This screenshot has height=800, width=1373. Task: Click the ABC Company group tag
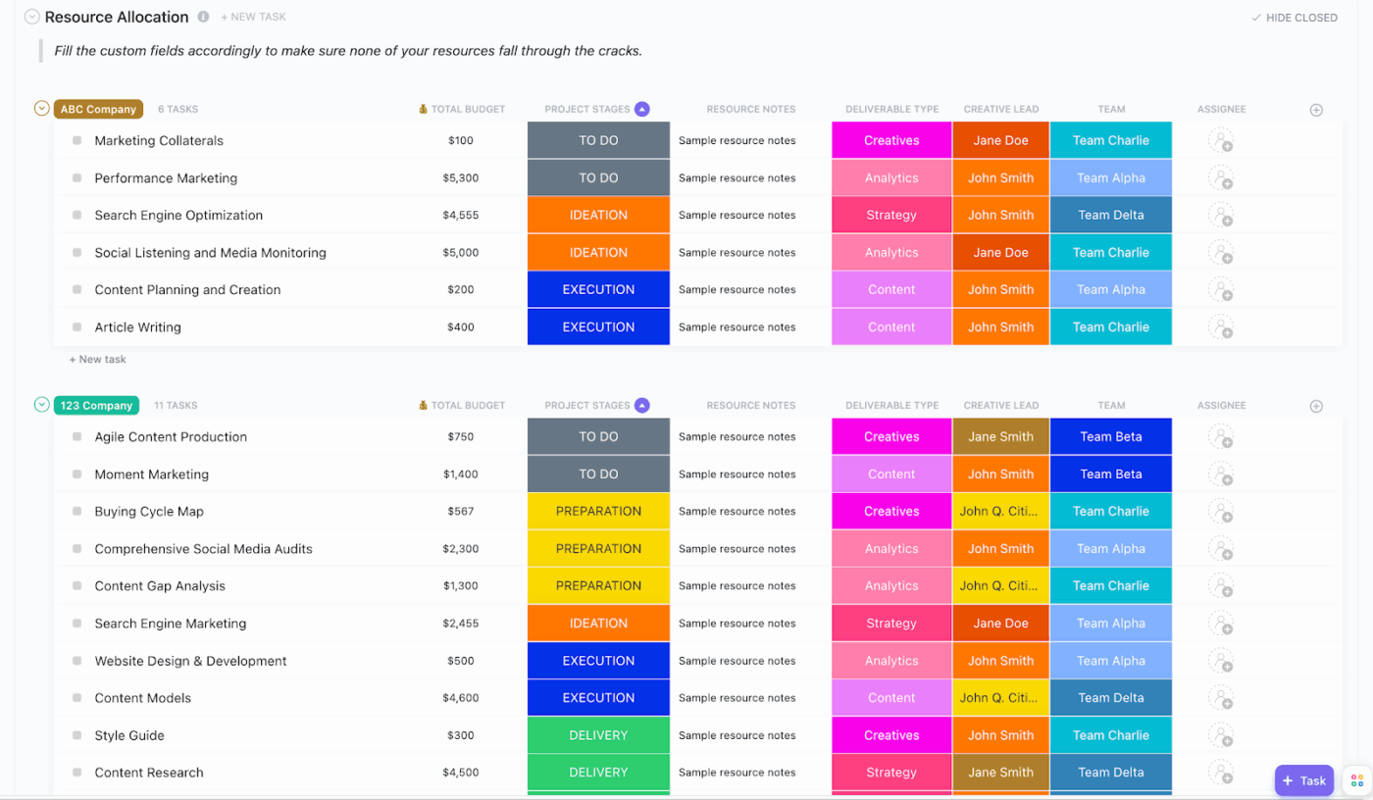[x=98, y=110]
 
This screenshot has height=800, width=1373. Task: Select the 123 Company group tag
[x=96, y=406]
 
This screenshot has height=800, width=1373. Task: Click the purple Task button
[x=1303, y=780]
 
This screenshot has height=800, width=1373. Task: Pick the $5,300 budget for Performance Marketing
[x=460, y=178]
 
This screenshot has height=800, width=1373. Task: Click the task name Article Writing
[x=137, y=327]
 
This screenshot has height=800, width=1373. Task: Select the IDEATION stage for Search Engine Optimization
[x=598, y=216]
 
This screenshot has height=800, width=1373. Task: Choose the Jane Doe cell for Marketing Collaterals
[x=1000, y=141]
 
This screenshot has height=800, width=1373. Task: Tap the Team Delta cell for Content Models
[x=1110, y=698]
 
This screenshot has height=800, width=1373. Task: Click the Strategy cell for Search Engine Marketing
[x=890, y=624]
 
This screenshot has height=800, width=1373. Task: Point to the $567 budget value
[x=460, y=512]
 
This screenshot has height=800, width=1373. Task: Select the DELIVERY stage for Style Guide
[x=598, y=735]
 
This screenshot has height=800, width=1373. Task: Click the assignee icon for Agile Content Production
[x=1220, y=437]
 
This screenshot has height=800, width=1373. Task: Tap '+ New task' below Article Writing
[x=98, y=360]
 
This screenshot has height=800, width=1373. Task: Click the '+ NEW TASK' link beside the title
[x=253, y=18]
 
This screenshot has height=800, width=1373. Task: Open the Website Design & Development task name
[x=190, y=661]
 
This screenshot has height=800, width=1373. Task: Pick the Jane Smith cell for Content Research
[x=1000, y=773]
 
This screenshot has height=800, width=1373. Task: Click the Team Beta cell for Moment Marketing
[x=1110, y=475]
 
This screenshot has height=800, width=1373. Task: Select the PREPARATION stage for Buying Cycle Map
[x=598, y=512]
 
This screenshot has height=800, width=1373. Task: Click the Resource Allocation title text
[x=117, y=18]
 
